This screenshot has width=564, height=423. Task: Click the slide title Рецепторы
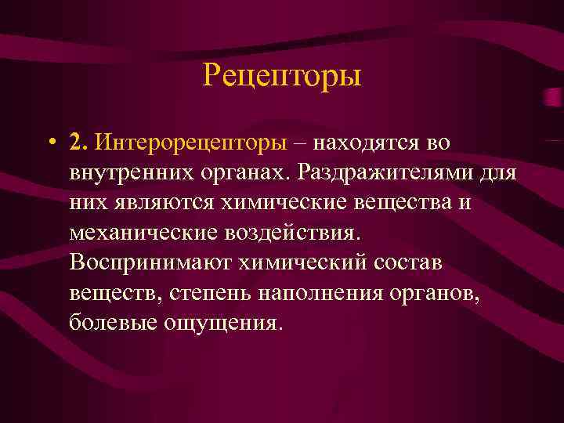[282, 76]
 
